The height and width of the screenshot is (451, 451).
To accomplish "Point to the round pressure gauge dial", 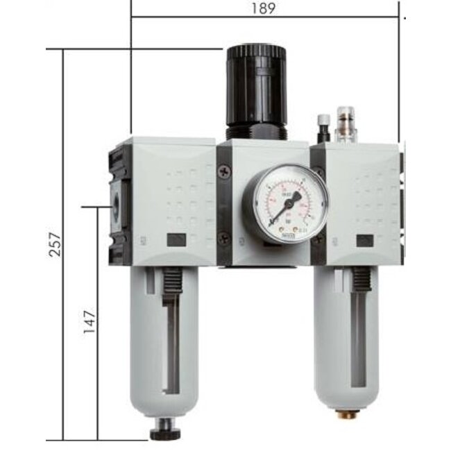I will tap(280, 203).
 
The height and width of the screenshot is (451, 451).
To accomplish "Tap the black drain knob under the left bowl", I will tap(164, 433).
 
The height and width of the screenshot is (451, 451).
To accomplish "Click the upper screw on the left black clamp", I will tap(223, 171).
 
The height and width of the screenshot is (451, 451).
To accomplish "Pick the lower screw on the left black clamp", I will tap(223, 237).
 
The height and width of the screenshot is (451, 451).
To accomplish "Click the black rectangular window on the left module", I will tap(177, 241).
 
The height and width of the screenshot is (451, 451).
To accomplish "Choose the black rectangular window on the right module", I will tap(364, 241).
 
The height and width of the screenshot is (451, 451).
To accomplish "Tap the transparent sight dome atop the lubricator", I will tap(345, 124).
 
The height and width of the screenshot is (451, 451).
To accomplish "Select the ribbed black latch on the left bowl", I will tap(170, 287).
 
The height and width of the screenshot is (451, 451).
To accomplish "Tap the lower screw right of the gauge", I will tap(320, 238).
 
